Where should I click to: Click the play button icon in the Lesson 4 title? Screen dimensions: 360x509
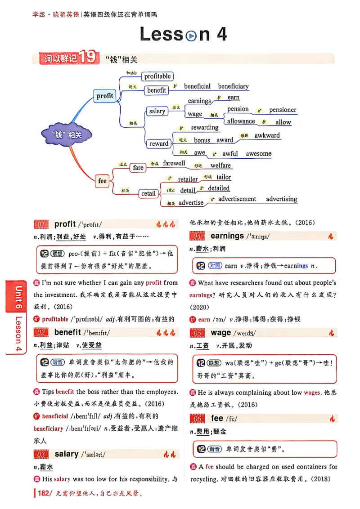(191, 36)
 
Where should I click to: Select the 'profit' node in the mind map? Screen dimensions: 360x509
(105, 96)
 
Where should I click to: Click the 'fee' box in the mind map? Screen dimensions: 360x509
(103, 181)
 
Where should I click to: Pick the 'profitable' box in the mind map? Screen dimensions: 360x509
(157, 76)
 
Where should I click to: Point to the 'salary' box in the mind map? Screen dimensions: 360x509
(157, 111)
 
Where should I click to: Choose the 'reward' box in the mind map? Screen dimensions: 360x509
(159, 144)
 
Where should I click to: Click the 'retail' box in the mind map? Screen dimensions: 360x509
(148, 193)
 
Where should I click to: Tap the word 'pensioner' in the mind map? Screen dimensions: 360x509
(283, 110)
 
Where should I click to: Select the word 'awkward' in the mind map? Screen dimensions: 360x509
(267, 135)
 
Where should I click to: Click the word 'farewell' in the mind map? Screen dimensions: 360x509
(174, 163)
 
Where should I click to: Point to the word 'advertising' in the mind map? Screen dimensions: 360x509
(281, 199)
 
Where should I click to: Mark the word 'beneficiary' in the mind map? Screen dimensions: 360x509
(233, 86)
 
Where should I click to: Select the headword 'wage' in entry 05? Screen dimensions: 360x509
(220, 333)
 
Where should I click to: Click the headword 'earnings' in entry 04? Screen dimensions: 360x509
(227, 236)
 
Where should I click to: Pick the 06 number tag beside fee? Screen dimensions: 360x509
(197, 419)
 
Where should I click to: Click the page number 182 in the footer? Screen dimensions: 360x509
(43, 493)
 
